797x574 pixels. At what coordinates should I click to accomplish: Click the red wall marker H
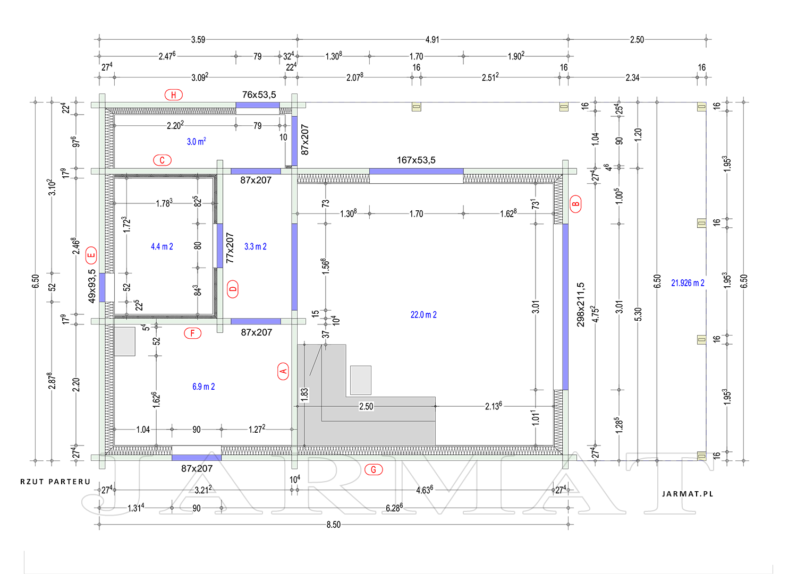tap(174, 95)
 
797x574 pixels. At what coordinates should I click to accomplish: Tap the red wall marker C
tap(162, 160)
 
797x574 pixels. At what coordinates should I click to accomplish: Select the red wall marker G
tap(374, 469)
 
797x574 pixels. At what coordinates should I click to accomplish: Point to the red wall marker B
tap(575, 204)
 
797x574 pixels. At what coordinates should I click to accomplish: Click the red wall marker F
tap(192, 333)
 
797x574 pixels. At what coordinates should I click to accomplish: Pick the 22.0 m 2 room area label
tap(423, 315)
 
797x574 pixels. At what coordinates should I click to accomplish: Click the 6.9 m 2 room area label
tap(204, 387)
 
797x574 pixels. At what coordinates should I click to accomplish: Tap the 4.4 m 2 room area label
tap(162, 246)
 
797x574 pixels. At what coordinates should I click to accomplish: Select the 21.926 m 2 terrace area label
tap(688, 282)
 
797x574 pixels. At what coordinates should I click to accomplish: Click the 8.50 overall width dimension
tap(333, 525)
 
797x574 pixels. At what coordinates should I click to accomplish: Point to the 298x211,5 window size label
tap(580, 304)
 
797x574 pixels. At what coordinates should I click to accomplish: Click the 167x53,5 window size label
tap(416, 160)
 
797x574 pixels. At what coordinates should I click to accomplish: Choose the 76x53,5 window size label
tap(259, 95)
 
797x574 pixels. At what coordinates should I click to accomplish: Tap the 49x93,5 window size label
tap(92, 286)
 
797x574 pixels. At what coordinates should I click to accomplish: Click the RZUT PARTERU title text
tap(55, 482)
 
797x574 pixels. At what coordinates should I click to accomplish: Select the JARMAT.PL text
tap(688, 494)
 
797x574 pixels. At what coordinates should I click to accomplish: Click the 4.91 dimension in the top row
tap(433, 39)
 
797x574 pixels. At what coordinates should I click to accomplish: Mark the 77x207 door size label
tap(230, 248)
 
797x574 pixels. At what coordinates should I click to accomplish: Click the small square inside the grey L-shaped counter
tap(360, 380)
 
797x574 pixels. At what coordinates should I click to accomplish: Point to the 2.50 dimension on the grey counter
tap(366, 406)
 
